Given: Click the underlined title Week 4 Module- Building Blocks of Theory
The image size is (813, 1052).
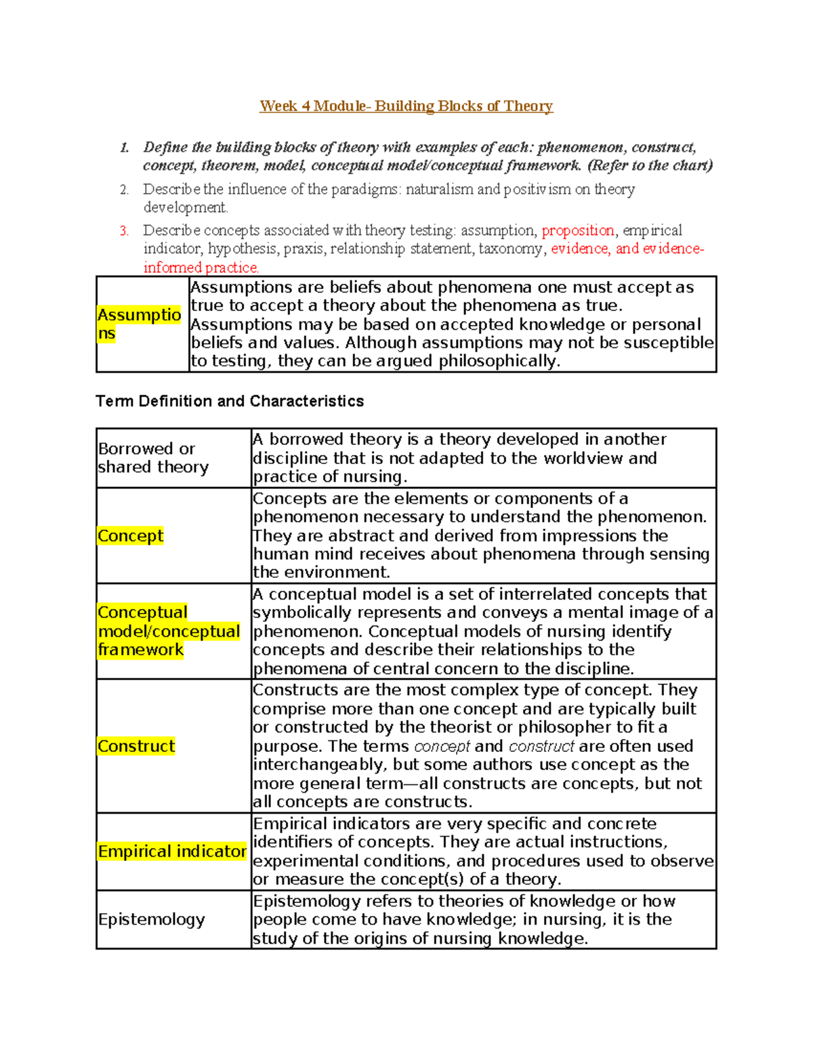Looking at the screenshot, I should (x=406, y=106).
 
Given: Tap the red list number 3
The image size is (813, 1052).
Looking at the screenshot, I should (x=124, y=231).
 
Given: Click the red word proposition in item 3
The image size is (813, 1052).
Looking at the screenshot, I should (x=577, y=231).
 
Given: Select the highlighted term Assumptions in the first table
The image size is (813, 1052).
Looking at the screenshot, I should (x=139, y=324).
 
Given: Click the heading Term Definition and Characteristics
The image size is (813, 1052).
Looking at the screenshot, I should (x=230, y=401).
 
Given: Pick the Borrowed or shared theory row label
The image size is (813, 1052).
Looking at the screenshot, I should (x=153, y=458).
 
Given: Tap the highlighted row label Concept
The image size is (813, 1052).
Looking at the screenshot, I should (x=131, y=536).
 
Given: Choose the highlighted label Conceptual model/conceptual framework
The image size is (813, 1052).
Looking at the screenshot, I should (x=169, y=631).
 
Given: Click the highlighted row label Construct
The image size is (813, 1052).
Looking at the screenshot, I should (x=136, y=746).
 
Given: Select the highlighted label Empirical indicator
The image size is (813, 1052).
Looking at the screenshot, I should (x=172, y=851).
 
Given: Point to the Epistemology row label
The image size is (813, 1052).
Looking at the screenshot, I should (x=151, y=919).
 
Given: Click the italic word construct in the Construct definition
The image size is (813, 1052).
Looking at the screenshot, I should (x=541, y=746).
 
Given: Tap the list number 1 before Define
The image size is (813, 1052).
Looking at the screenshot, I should (x=124, y=148).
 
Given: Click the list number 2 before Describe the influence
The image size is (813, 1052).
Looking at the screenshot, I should (x=124, y=190).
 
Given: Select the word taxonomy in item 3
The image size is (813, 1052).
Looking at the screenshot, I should (x=511, y=249).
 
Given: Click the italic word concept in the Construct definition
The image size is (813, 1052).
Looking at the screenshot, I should (x=442, y=746).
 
